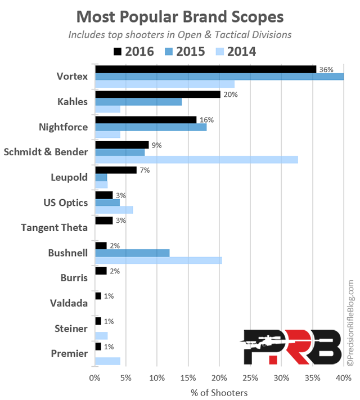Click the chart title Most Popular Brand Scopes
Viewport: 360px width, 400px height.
[x=179, y=15]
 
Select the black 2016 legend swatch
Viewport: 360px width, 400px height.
[x=117, y=52]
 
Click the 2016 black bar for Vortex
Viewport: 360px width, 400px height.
[x=205, y=69]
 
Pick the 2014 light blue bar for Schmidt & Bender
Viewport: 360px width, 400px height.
[x=196, y=159]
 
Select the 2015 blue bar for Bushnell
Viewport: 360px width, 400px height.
[x=132, y=253]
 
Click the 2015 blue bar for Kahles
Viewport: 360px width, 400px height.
[x=138, y=102]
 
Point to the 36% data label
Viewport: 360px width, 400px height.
[x=326, y=69]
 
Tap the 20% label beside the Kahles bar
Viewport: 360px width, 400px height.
[x=229, y=95]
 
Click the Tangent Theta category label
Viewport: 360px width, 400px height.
[x=54, y=228]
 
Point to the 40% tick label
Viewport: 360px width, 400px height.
[x=343, y=377]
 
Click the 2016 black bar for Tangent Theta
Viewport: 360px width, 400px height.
[x=104, y=221]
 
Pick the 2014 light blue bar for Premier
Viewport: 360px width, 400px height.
[x=107, y=361]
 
